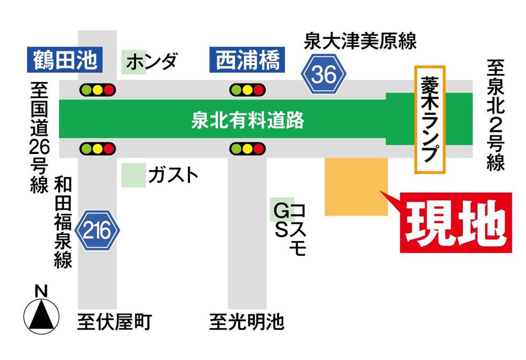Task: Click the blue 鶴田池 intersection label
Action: click(x=63, y=60)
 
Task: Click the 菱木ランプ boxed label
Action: click(x=430, y=119)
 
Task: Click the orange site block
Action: click(x=356, y=186)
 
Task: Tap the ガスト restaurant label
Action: click(x=173, y=175)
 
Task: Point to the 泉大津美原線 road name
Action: click(x=360, y=41)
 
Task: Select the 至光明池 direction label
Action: click(x=247, y=321)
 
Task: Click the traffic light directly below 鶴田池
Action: click(x=97, y=90)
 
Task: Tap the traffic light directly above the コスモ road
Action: click(x=247, y=149)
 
